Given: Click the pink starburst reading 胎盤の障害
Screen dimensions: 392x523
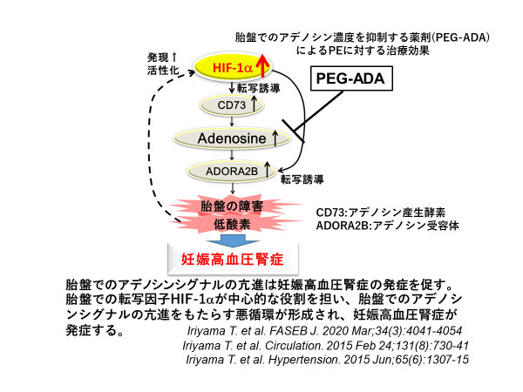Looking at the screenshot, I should tap(231, 206).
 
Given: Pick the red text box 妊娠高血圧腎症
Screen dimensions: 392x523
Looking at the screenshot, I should tap(231, 258).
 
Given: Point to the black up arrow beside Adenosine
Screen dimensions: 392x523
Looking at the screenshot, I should tap(276, 138).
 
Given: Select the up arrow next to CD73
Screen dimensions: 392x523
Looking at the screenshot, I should tap(255, 105).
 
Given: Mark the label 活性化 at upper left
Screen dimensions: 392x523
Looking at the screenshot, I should tap(163, 70).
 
